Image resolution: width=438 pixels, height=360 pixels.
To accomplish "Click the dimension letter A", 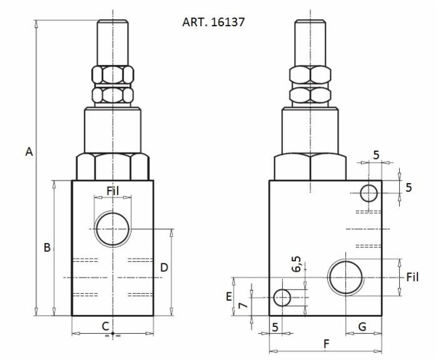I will [x=29, y=152].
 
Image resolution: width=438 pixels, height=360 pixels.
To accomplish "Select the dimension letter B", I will [x=47, y=247].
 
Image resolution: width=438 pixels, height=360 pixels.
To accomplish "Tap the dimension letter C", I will [x=106, y=325].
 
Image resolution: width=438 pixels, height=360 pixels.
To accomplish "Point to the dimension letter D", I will [x=164, y=267].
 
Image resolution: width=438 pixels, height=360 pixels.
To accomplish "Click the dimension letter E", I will [x=229, y=296].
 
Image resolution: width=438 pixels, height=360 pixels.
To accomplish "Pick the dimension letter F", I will [x=326, y=343].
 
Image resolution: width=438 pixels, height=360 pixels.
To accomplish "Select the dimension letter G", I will [x=362, y=326].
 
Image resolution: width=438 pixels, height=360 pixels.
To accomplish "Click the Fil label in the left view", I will [x=113, y=191].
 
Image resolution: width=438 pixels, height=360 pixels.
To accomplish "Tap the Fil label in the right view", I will [x=412, y=277].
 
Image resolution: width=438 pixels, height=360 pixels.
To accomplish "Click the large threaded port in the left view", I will [x=113, y=229].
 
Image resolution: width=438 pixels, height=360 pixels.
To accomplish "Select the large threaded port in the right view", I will [x=346, y=277].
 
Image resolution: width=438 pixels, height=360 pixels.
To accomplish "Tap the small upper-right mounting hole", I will [x=369, y=193].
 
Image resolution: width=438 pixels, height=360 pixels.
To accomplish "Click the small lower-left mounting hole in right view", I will [x=283, y=297].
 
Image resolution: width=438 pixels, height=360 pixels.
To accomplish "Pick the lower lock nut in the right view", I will [x=310, y=95].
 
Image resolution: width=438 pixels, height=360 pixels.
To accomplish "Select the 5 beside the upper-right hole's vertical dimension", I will [x=409, y=187].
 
